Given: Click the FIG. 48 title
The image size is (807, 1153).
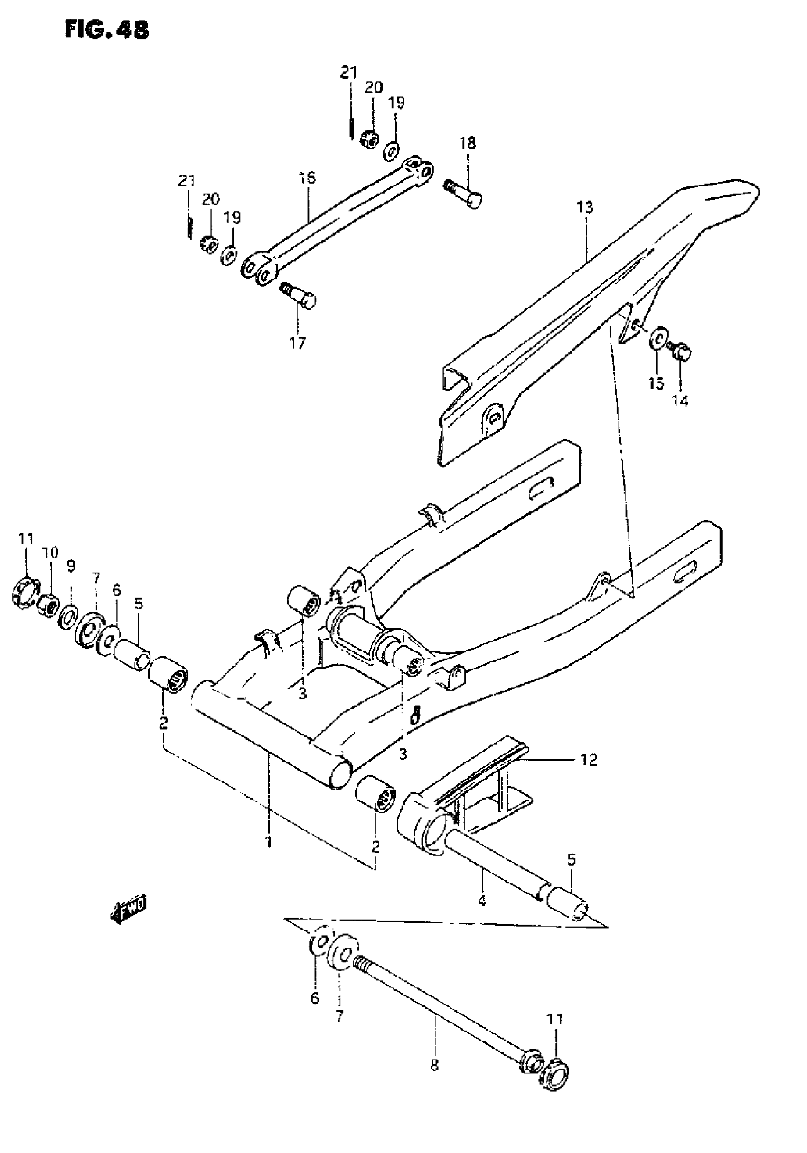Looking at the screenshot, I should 106,31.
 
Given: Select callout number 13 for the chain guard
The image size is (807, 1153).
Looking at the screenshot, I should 585,207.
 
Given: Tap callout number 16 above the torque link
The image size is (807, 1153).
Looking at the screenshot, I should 307,178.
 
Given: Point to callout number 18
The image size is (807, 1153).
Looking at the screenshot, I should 467,143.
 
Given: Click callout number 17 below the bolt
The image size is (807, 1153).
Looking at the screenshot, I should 297,344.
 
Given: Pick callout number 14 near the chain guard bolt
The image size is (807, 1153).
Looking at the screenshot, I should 680,401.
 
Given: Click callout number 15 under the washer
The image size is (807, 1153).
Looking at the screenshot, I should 656,384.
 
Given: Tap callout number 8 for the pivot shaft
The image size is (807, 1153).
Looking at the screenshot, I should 435,1079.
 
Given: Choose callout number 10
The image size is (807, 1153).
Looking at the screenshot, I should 51,553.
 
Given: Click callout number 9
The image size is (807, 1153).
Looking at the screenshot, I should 71,567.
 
